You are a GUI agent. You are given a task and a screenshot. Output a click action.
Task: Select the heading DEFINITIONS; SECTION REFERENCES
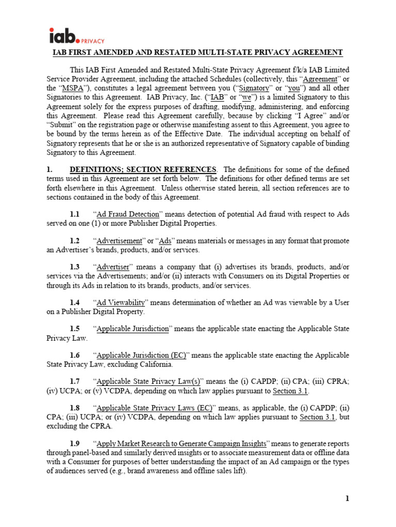coord(143,169)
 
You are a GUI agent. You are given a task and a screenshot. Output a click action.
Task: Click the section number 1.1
coord(75,214)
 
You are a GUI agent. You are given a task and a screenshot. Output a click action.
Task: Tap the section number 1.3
coord(75,267)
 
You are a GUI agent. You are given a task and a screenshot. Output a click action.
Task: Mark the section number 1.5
coord(75,328)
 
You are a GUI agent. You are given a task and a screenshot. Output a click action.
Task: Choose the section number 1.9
coord(75,444)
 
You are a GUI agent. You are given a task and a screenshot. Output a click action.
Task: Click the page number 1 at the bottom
coord(347,498)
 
